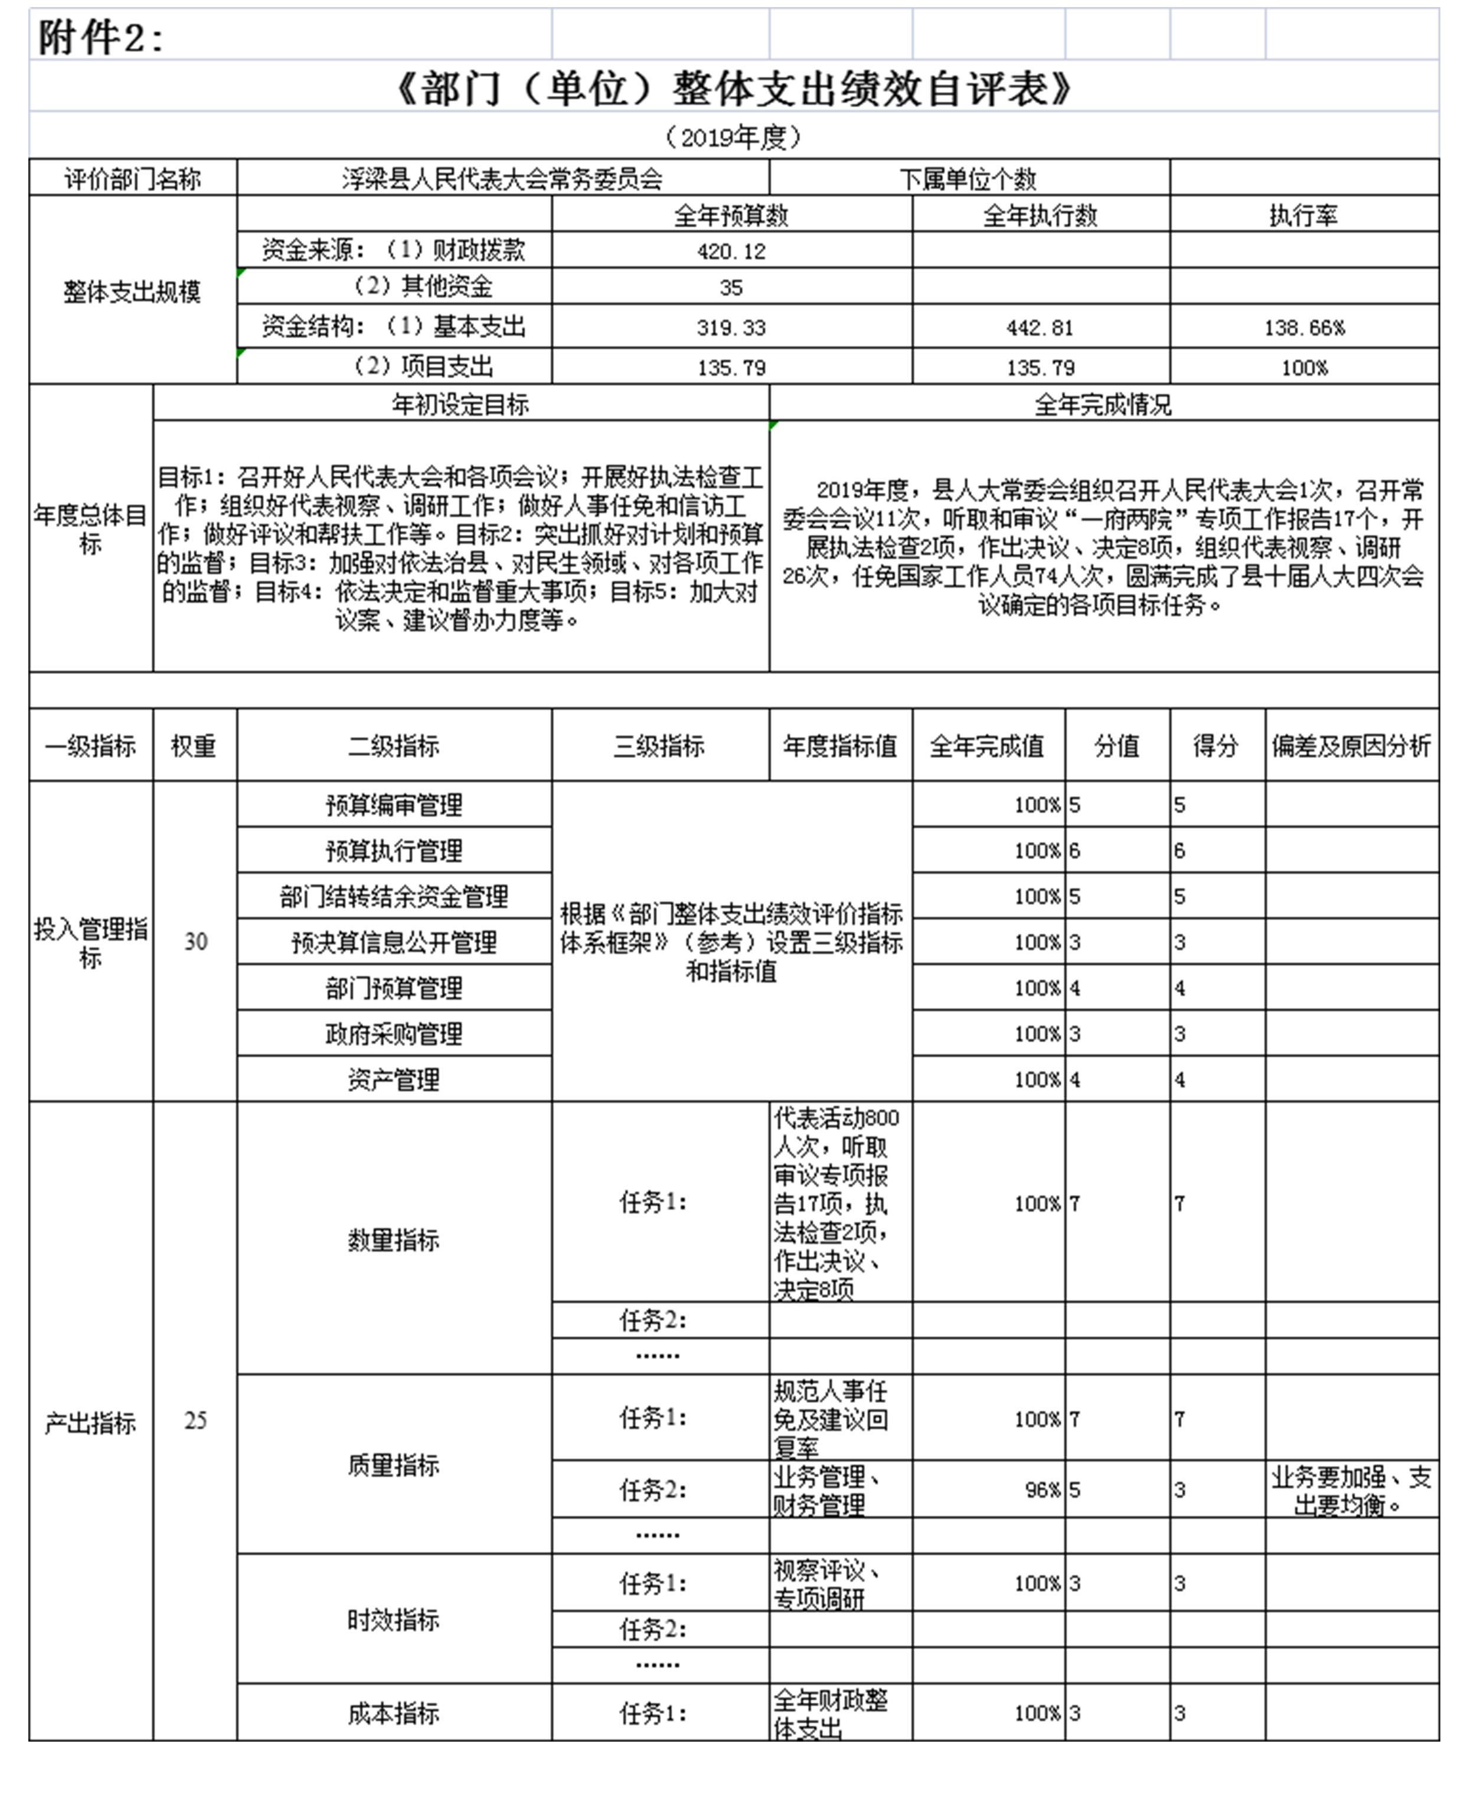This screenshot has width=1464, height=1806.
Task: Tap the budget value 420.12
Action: pyautogui.click(x=731, y=251)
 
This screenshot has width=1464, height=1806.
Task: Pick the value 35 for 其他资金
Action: pyautogui.click(x=731, y=287)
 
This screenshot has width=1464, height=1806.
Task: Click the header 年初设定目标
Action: pyautogui.click(x=460, y=405)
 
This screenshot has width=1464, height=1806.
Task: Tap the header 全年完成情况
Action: pyautogui.click(x=1103, y=405)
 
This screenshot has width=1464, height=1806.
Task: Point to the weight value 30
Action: pyautogui.click(x=195, y=941)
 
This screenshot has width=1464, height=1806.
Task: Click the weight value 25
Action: pyautogui.click(x=195, y=1420)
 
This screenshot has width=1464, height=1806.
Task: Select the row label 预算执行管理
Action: pyautogui.click(x=394, y=850)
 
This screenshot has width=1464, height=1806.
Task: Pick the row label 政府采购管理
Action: pyautogui.click(x=394, y=1033)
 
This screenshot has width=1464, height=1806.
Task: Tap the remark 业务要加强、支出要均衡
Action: pyautogui.click(x=1351, y=1490)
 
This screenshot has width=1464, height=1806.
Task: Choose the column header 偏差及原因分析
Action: pyautogui.click(x=1351, y=745)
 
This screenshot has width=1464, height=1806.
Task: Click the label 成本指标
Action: pyautogui.click(x=394, y=1713)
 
